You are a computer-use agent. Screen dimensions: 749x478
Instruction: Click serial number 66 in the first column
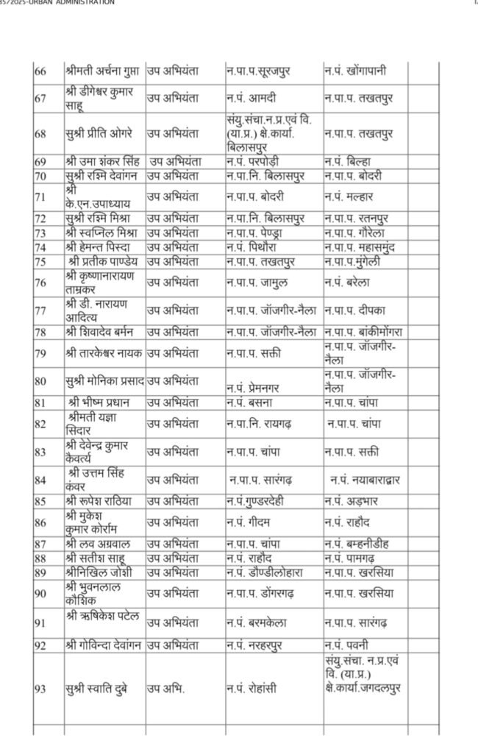tap(41, 71)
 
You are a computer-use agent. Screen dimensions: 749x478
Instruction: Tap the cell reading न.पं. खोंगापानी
tap(355, 71)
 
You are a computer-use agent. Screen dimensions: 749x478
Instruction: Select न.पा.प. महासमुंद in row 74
tap(360, 247)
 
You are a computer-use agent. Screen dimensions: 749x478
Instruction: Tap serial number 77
tap(41, 310)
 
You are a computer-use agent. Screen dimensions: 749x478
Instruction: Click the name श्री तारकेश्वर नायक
tap(103, 352)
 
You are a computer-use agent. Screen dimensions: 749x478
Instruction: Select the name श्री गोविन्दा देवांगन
tap(104, 645)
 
